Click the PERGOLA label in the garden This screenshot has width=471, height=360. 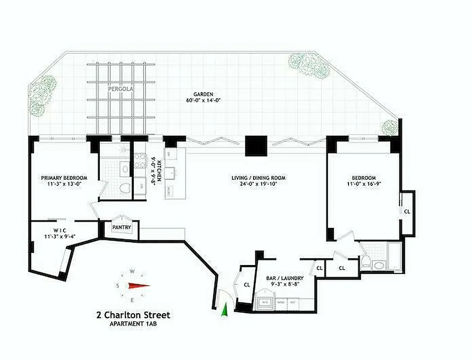(118, 89)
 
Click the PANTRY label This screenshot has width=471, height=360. (122, 228)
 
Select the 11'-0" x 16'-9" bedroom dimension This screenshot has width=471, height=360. (364, 184)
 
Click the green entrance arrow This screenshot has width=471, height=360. (225, 310)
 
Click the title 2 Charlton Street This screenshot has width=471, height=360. (133, 315)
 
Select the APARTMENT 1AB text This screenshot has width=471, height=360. (133, 324)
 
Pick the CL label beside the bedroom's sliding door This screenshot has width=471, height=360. (407, 211)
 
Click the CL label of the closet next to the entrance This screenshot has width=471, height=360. (247, 284)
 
